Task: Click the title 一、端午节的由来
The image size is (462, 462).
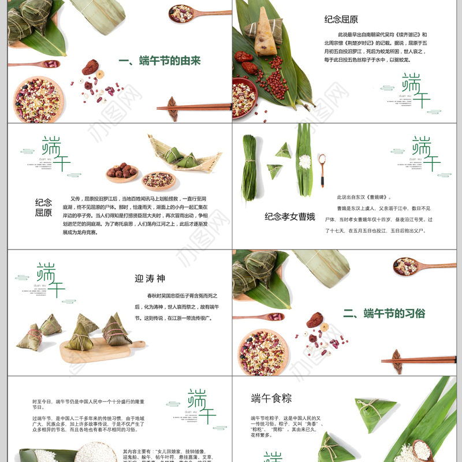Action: tap(159, 61)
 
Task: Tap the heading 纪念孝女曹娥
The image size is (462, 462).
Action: tap(290, 217)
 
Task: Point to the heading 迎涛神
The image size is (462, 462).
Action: tap(150, 279)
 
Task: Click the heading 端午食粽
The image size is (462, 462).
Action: tap(271, 398)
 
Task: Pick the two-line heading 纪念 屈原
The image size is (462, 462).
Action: tap(43, 207)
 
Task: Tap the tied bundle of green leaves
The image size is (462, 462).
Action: tap(249, 167)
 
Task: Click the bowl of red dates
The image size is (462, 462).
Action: tap(122, 172)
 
